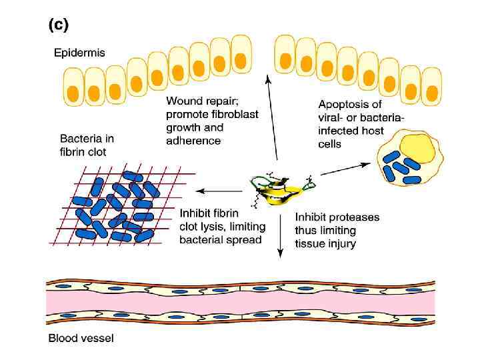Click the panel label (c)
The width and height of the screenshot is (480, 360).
pos(57,25)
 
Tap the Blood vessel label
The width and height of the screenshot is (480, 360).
pos(81,338)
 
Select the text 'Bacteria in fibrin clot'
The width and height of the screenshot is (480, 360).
pos(87,145)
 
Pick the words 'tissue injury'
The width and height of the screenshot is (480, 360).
pos(325,243)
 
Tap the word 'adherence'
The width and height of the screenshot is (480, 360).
pos(193,140)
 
